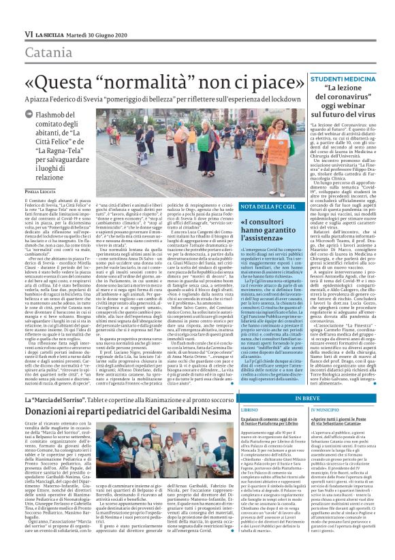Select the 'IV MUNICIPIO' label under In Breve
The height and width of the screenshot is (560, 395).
click(328, 391)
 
